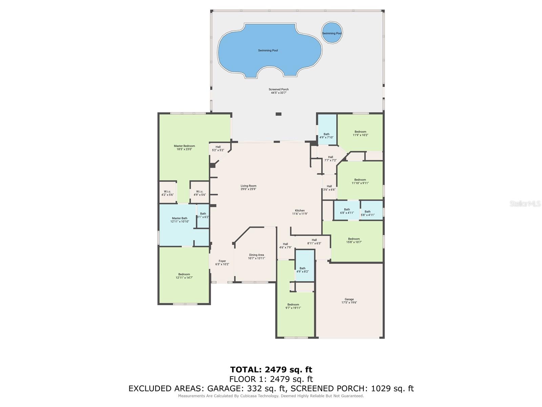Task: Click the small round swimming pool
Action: tap(332, 33)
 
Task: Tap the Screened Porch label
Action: tap(278, 90)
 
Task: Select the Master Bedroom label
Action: tap(184, 146)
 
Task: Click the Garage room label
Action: tap(349, 299)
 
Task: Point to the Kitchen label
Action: tap(299, 211)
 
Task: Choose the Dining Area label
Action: tap(256, 255)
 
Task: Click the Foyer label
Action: tap(222, 261)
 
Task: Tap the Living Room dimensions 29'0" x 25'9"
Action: tap(248, 189)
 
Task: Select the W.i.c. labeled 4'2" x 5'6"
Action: tap(167, 193)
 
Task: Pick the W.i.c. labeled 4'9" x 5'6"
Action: tap(200, 193)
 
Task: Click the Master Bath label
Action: tap(180, 218)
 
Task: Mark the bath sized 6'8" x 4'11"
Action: tap(347, 211)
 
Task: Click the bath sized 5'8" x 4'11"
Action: tap(368, 213)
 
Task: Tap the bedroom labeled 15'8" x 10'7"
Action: tap(354, 240)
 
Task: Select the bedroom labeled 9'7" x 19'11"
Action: tap(293, 306)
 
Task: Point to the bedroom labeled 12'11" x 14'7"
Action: tap(184, 276)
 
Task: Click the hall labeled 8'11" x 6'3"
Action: tap(314, 241)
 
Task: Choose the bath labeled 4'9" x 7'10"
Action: tap(326, 136)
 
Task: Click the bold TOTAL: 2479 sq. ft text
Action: tap(271, 369)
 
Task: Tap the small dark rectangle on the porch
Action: tap(278, 114)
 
